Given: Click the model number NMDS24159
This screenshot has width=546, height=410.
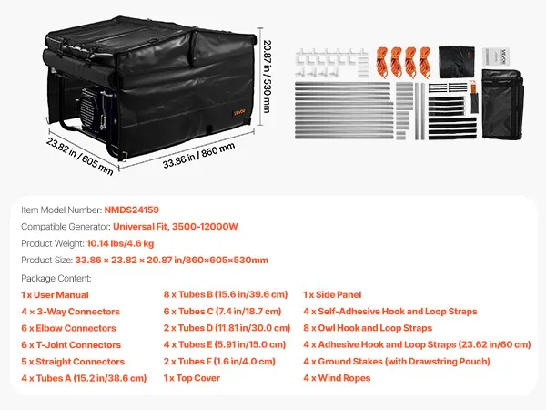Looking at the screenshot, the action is (132, 210).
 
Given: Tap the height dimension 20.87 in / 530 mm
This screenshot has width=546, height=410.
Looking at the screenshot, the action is (267, 77).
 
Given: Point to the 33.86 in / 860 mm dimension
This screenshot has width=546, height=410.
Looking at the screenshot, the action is (198, 155).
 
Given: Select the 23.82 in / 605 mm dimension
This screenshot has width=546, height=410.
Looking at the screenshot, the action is (80, 156).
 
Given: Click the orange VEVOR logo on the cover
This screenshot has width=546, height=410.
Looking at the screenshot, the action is (239, 112).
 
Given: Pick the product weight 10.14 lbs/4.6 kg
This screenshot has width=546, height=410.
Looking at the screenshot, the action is (120, 243).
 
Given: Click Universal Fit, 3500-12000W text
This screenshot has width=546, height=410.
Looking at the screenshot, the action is (175, 227).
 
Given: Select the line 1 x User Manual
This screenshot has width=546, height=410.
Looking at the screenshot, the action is (55, 295).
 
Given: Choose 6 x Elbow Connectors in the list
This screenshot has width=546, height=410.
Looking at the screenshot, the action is (68, 328).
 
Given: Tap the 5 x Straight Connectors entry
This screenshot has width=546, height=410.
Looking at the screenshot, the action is (73, 362).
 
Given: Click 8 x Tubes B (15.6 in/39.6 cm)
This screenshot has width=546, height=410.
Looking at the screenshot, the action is (226, 294).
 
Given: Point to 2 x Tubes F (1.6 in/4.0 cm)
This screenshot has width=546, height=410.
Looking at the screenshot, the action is (219, 361).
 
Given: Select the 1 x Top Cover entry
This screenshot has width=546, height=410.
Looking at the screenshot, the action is (192, 378).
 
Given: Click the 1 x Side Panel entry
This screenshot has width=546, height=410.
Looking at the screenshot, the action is (332, 294).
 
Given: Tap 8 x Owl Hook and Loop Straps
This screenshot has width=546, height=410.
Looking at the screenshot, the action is (368, 328).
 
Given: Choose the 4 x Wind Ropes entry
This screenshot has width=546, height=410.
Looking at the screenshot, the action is (337, 378).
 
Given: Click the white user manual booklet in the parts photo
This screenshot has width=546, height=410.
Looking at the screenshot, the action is (496, 56).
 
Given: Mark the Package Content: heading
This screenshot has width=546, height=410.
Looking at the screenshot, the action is (56, 278).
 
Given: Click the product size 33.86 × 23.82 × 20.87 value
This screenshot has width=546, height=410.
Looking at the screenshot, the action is (172, 260).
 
